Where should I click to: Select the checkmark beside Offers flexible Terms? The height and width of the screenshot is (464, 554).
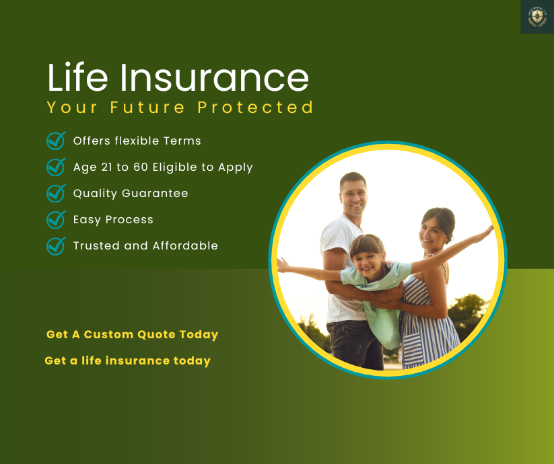[x=56, y=141]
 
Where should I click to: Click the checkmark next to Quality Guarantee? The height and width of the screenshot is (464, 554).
[x=56, y=193]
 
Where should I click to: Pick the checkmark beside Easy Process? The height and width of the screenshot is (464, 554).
[x=56, y=219]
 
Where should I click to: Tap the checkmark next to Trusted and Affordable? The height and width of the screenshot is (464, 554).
[x=56, y=245]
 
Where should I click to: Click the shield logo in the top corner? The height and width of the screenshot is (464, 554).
[x=536, y=17]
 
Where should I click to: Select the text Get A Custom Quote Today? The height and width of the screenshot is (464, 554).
[x=132, y=334]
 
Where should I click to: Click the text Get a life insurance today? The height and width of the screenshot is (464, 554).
[x=127, y=360]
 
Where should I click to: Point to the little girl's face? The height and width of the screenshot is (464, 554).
[x=367, y=254]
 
